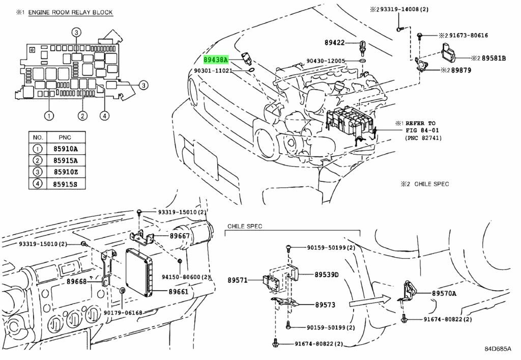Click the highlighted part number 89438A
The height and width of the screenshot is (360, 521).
click(216, 60)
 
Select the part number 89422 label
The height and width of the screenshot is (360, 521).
click(335, 43)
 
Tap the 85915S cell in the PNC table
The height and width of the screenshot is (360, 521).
click(65, 184)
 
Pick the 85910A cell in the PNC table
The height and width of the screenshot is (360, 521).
click(65, 149)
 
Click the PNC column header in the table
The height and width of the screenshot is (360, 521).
click(65, 137)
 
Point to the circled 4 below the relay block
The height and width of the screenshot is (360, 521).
click(104, 116)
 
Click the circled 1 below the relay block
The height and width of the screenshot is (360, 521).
click(49, 116)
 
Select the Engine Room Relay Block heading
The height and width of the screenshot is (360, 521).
click(70, 13)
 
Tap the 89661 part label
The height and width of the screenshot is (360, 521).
click(179, 292)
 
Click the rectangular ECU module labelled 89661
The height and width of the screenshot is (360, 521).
click(139, 271)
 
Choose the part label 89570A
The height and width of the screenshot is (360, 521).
click(444, 293)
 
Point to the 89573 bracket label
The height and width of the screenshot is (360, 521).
click(325, 304)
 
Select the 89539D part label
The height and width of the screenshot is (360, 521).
click(327, 274)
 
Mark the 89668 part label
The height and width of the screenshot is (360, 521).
click(76, 281)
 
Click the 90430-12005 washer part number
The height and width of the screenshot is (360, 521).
click(326, 61)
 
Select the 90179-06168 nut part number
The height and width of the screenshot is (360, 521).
click(123, 313)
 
